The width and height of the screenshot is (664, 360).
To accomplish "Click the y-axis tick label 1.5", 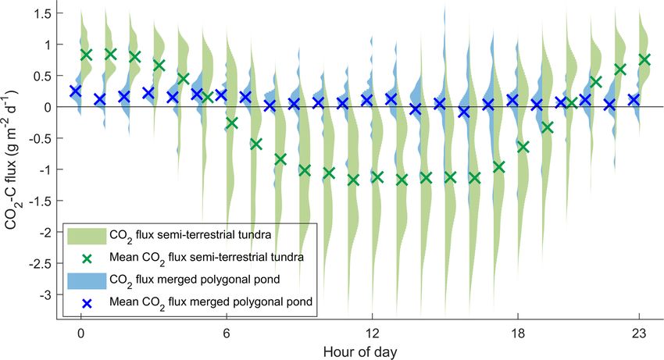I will (x=43, y=14).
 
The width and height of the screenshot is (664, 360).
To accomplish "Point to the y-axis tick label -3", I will (x=45, y=294).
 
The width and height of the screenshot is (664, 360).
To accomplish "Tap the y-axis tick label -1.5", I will (x=41, y=201).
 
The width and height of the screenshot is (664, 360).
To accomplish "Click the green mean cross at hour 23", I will (x=644, y=59).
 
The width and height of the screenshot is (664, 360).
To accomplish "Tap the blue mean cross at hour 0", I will (x=75, y=91).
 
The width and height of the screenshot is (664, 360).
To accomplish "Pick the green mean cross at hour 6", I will (x=231, y=123).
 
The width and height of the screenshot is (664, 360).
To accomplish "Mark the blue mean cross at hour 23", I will (x=634, y=99).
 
